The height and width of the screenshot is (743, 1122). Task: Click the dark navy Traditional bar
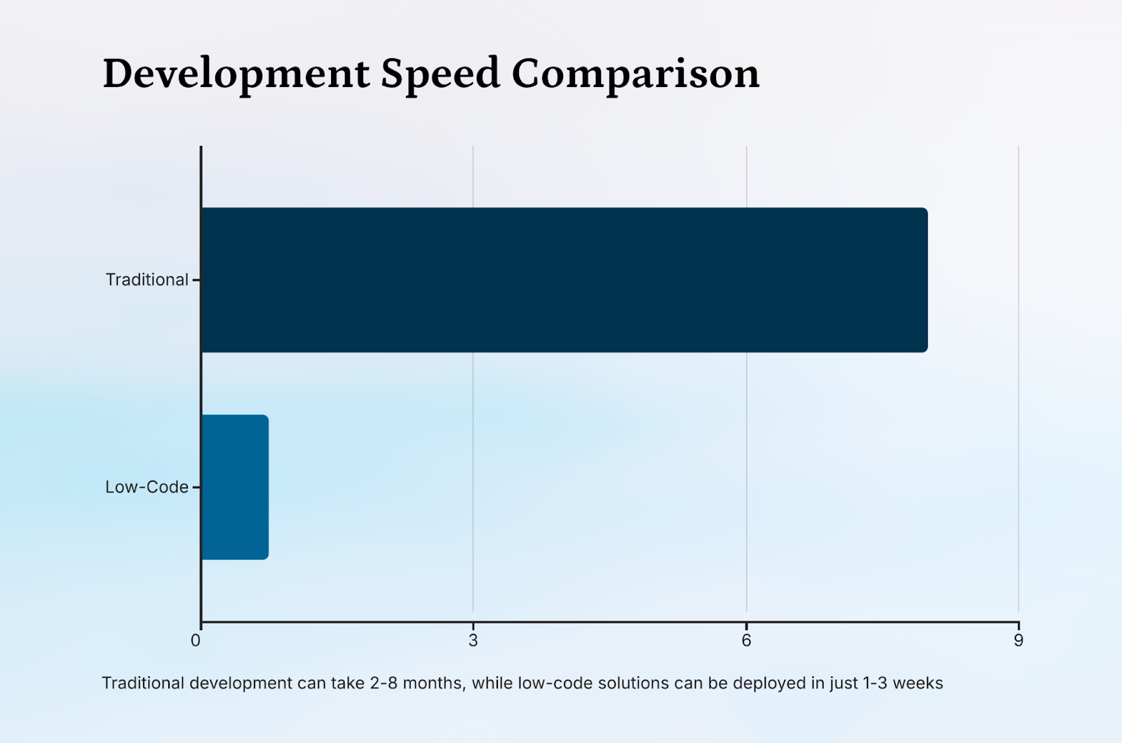(565, 280)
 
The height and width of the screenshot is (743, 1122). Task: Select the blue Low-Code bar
(235, 487)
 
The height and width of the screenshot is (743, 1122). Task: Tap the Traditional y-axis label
(147, 280)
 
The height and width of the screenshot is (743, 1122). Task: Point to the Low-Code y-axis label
(147, 487)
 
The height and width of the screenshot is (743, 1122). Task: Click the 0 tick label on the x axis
(196, 640)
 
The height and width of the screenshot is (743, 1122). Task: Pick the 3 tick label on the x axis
(473, 640)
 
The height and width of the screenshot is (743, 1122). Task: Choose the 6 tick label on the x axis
(746, 640)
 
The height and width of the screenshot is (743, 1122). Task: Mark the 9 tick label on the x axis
(1018, 640)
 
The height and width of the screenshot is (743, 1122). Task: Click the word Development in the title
(236, 74)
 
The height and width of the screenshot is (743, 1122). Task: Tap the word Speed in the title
(440, 74)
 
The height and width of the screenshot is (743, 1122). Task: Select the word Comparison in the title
(635, 74)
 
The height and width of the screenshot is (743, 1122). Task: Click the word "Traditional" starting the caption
(143, 683)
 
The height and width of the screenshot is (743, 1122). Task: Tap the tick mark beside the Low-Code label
(196, 487)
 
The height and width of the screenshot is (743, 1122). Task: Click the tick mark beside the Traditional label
(196, 280)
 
